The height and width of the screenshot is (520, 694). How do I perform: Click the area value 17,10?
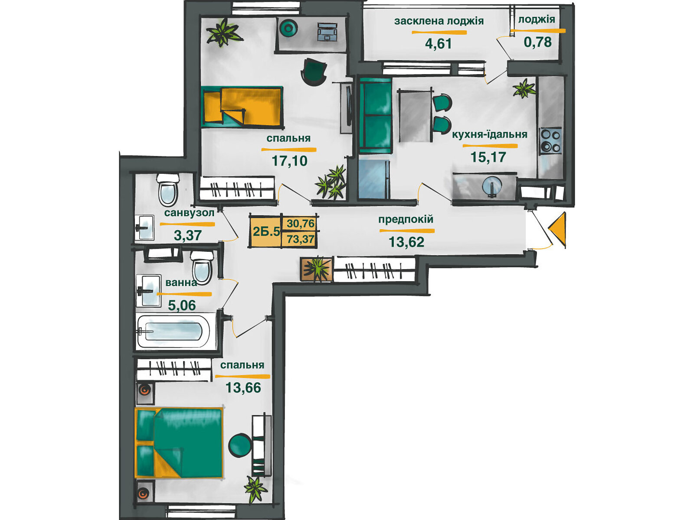pos(290,161)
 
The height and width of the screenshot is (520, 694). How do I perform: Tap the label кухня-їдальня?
pos(490,134)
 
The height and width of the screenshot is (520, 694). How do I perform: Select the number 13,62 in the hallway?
pos(406,242)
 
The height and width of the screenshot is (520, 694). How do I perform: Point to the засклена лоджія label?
pos(439,21)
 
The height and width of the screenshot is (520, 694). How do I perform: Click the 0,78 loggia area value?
pos(538,42)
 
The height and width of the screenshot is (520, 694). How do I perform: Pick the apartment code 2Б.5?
pos(266,232)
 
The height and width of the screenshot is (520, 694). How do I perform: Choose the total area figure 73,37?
pos(301,239)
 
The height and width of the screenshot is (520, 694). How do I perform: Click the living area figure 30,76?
pos(301,224)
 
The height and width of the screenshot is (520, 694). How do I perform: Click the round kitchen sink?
pos(492,187)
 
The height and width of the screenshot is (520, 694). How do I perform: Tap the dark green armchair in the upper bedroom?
pos(314,71)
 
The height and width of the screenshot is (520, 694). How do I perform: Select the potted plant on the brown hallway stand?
pos(317,269)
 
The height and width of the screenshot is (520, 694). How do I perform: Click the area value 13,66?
pos(243,387)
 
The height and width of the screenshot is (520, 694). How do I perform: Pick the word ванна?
pos(181,283)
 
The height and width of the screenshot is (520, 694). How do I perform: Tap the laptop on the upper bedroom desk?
pos(327,32)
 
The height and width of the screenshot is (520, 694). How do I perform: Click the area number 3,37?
pos(188,235)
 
